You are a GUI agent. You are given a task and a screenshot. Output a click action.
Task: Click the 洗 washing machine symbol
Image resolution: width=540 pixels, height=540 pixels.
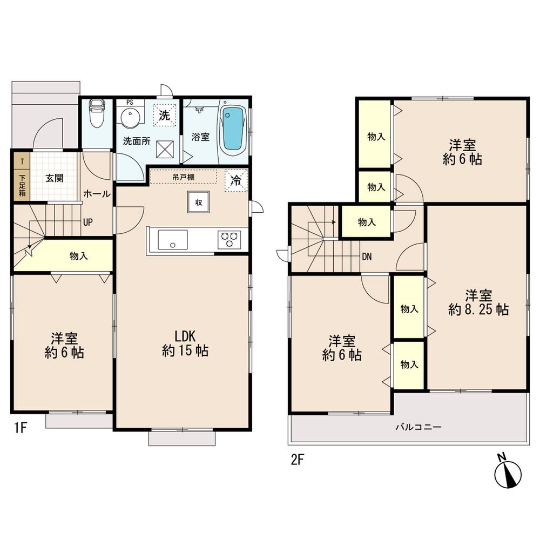pyautogui.click(x=164, y=114)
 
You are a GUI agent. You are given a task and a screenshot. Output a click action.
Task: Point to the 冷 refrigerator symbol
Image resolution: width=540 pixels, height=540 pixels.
pyautogui.click(x=236, y=180)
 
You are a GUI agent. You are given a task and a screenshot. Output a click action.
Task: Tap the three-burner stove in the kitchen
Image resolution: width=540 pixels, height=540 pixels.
pyautogui.click(x=229, y=239)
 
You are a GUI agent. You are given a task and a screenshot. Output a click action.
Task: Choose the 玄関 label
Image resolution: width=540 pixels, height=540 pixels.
pyautogui.click(x=54, y=178)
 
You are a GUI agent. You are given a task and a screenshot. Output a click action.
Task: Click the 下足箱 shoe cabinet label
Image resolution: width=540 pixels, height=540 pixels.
pyautogui.click(x=22, y=184)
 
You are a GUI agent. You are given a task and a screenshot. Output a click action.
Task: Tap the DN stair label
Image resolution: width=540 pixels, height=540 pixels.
pyautogui.click(x=367, y=256)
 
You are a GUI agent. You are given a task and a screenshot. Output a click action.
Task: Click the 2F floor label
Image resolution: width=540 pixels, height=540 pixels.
pyautogui.click(x=298, y=460)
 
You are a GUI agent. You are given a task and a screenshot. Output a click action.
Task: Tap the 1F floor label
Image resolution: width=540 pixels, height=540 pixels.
pyautogui.click(x=20, y=429)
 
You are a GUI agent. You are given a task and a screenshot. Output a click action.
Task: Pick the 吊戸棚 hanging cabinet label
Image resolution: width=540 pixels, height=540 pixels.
pyautogui.click(x=184, y=177)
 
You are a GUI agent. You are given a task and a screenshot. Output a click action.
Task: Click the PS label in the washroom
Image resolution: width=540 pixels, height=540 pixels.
pyautogui.click(x=130, y=102)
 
